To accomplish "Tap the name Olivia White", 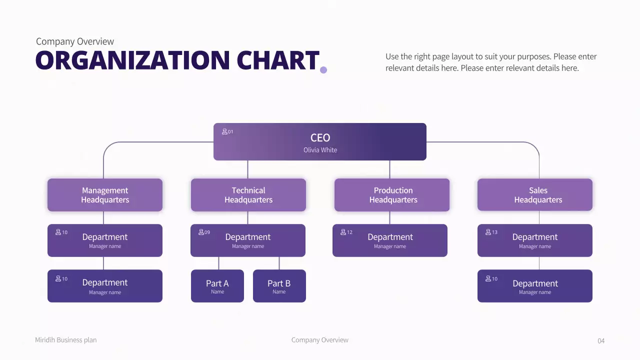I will [x=320, y=150].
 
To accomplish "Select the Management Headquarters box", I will [x=105, y=195].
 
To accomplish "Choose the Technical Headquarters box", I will [x=248, y=195].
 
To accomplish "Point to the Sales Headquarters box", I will [x=535, y=195].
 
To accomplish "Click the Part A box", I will [x=217, y=286].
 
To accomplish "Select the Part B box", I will [x=279, y=286].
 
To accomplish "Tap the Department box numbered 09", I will [x=248, y=240].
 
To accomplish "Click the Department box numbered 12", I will [x=390, y=240].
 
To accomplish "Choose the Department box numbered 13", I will [x=535, y=240].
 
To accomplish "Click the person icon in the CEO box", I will [x=224, y=131].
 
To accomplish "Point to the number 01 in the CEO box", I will [x=230, y=132].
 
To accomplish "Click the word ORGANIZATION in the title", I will [x=132, y=60].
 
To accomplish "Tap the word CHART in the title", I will [x=277, y=60].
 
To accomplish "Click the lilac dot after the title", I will [x=323, y=70].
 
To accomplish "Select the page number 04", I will [x=601, y=341].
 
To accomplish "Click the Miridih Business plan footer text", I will [x=65, y=340].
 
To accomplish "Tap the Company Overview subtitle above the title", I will [x=75, y=41].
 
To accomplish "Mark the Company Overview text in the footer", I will [x=320, y=340].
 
